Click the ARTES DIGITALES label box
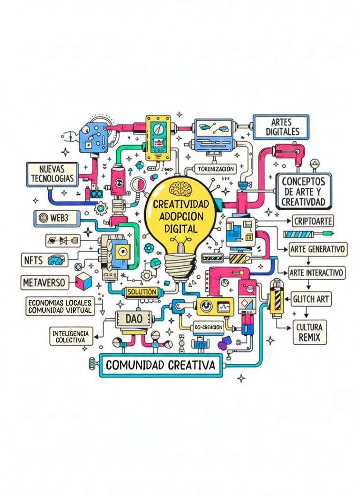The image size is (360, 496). click(x=282, y=126)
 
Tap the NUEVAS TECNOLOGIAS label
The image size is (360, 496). click(x=52, y=174)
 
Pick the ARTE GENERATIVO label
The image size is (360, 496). click(x=318, y=249)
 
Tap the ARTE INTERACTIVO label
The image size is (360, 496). click(x=316, y=272)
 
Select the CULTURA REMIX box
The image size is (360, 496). click(x=310, y=333)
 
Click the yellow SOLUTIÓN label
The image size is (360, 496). click(x=141, y=292)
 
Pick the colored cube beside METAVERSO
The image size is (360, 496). click(x=83, y=281)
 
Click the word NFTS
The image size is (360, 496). click(x=33, y=259)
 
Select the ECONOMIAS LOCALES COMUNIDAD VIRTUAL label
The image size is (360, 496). click(x=60, y=306)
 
